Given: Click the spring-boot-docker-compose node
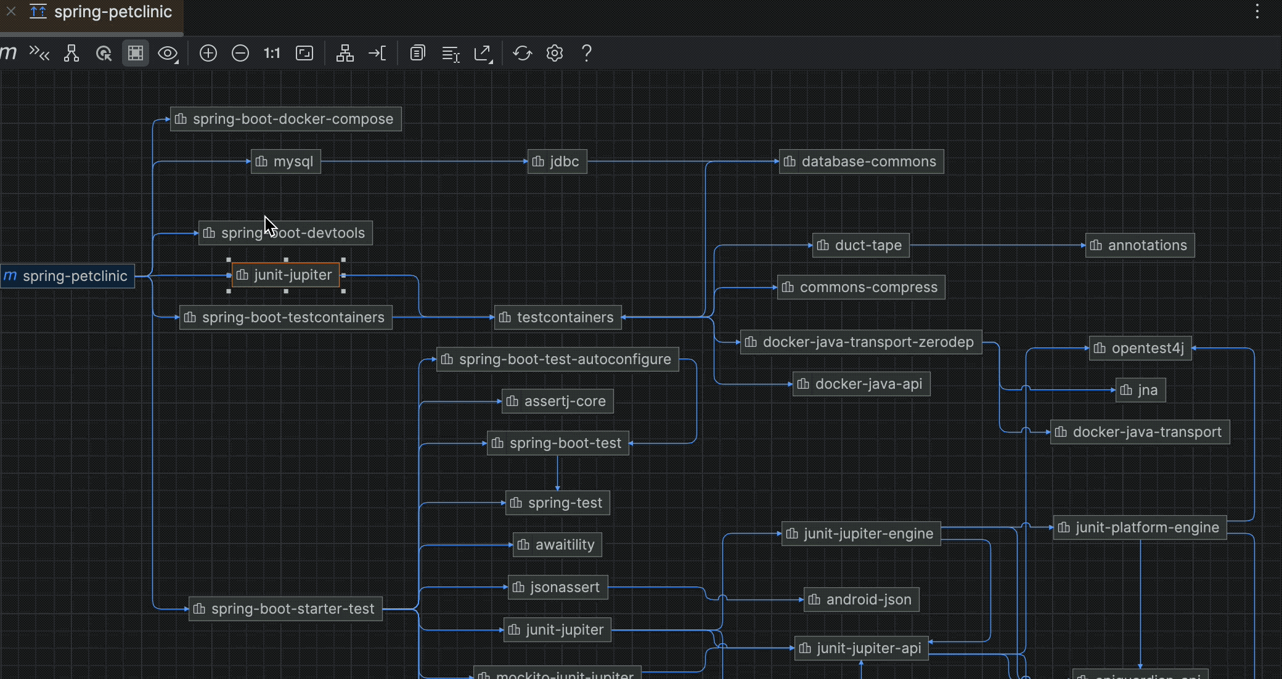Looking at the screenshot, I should pos(286,119).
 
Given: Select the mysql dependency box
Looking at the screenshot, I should pos(286,161).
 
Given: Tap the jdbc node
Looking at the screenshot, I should pos(557,161).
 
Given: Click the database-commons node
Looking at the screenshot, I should pos(861,161).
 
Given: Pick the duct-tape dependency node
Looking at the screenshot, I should pos(860,245).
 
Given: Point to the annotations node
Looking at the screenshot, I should pos(1140,245).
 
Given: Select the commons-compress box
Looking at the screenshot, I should pos(861,287).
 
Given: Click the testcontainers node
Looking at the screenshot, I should pos(558,317).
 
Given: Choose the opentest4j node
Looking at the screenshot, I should pos(1140,348).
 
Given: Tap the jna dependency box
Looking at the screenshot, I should pos(1140,390).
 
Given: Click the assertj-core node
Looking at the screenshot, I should pos(558,401).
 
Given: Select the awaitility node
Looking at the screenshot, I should pos(558,545).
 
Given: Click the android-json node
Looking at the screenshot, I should pos(861,600).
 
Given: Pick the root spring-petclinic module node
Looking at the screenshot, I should pos(68,276).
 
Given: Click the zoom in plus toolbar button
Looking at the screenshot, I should pos(208,53).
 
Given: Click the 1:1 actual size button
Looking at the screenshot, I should pos(272,53).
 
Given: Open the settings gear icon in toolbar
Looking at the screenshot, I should pos(555,53).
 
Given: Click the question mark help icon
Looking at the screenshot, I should pos(587,53).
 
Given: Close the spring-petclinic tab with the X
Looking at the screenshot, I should pos(11,11).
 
